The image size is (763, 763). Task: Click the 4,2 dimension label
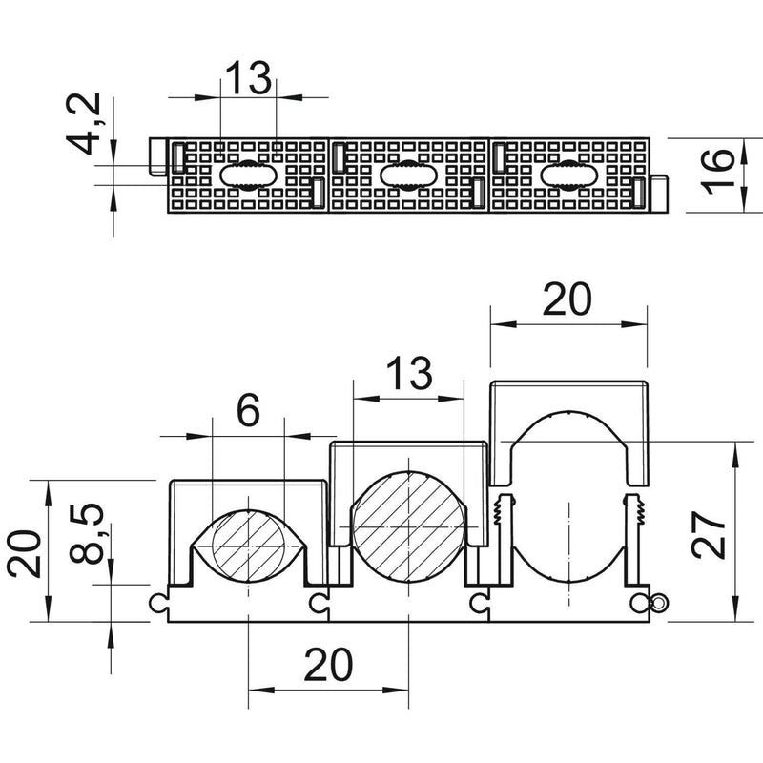pyautogui.click(x=83, y=124)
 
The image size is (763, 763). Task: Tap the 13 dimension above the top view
pyautogui.click(x=248, y=78)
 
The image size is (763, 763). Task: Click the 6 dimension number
pyautogui.click(x=248, y=410)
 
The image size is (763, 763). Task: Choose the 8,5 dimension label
pyautogui.click(x=87, y=533)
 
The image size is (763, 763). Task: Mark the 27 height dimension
pyautogui.click(x=708, y=534)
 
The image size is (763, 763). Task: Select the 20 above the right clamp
pyautogui.click(x=567, y=299)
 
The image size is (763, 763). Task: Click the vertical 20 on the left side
pyautogui.click(x=25, y=554)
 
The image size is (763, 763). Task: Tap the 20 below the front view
pyautogui.click(x=328, y=665)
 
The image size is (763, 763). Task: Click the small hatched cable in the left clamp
pyautogui.click(x=249, y=546)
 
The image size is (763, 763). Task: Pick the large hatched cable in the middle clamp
pyautogui.click(x=409, y=527)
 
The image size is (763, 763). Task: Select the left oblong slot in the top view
pyautogui.click(x=249, y=175)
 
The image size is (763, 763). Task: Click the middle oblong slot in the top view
pyautogui.click(x=409, y=175)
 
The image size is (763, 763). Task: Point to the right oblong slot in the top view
pyautogui.click(x=569, y=175)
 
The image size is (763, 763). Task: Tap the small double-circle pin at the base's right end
pyautogui.click(x=659, y=604)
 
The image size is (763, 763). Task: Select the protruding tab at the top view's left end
pyautogui.click(x=157, y=156)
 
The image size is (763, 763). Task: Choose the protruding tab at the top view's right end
pyautogui.click(x=659, y=195)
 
